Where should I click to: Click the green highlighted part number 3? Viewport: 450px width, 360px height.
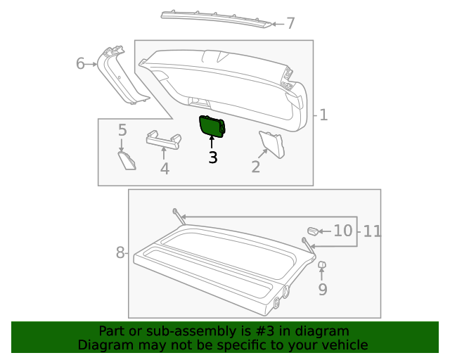point(212,126)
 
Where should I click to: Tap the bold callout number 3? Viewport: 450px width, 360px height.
point(212,157)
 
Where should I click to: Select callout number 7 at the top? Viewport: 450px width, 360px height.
point(290,24)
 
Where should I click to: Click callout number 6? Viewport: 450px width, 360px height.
point(81,64)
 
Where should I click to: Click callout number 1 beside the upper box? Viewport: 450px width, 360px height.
point(323,115)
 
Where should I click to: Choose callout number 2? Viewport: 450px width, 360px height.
point(256,167)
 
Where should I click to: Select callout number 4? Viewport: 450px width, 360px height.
point(165,169)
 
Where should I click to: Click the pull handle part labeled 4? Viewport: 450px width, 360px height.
point(162,139)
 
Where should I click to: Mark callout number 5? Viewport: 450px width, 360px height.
point(122,130)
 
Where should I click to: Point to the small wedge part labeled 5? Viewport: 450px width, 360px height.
point(127,160)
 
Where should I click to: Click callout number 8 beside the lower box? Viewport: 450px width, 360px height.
point(120,252)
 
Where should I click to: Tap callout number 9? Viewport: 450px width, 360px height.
point(323,289)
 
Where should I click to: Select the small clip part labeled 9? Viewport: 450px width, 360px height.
point(322,266)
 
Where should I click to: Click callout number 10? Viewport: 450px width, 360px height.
point(342,231)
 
